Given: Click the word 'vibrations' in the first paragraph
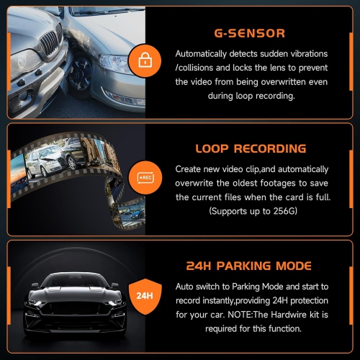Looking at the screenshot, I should point(303,54).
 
